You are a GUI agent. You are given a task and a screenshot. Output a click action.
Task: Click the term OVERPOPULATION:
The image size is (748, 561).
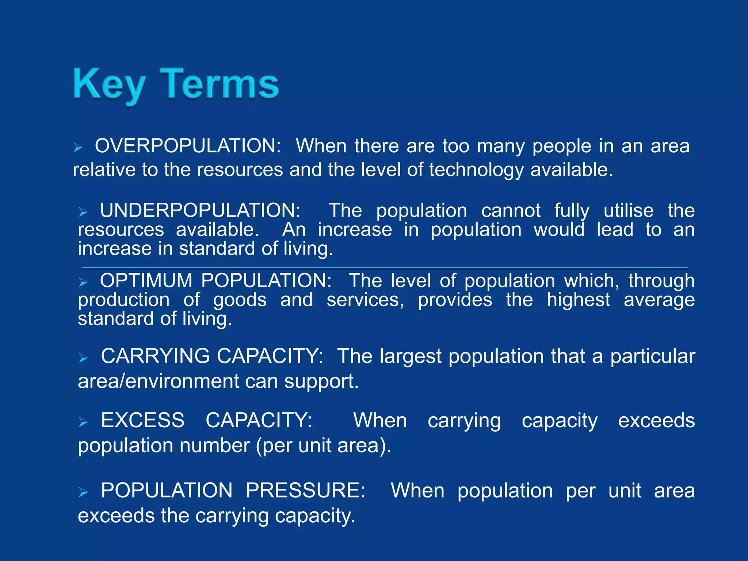coord(188,146)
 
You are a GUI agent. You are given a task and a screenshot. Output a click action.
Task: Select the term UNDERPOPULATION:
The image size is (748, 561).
coord(200,211)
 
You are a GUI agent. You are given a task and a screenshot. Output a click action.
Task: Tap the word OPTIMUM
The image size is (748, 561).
coord(146,281)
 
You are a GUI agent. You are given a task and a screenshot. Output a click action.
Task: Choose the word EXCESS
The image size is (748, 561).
coord(143,420)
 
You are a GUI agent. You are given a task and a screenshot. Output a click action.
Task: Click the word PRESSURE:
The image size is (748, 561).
coord(305,491)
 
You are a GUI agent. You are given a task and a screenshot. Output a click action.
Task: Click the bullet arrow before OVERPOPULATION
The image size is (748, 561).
coord(78,148)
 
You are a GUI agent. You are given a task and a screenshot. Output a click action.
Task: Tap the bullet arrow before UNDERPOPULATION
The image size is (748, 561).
coord(83,212)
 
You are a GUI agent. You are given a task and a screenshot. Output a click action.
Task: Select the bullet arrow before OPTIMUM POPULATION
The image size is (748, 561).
coord(83,282)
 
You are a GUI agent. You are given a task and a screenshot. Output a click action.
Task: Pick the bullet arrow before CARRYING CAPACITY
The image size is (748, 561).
coord(83,358)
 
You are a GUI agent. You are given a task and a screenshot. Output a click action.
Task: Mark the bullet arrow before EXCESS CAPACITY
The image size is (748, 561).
coord(83,423)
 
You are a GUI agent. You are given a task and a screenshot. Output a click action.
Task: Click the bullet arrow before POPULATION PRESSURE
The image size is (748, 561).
coord(83,493)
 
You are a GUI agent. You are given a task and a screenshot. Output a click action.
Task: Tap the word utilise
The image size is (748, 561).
coord(628,211)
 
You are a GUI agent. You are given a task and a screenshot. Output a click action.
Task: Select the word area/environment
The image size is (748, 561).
coord(158,381)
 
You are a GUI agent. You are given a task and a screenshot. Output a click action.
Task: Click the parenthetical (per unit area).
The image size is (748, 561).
coord(323,446)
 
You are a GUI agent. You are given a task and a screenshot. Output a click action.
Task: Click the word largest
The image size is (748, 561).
coord(411,356)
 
